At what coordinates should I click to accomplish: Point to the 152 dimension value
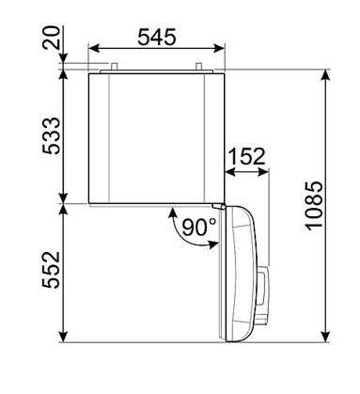point(249,155)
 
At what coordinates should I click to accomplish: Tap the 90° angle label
point(199,227)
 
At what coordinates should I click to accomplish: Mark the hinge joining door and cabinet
point(221,204)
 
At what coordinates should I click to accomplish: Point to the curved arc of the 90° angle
point(178,231)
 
